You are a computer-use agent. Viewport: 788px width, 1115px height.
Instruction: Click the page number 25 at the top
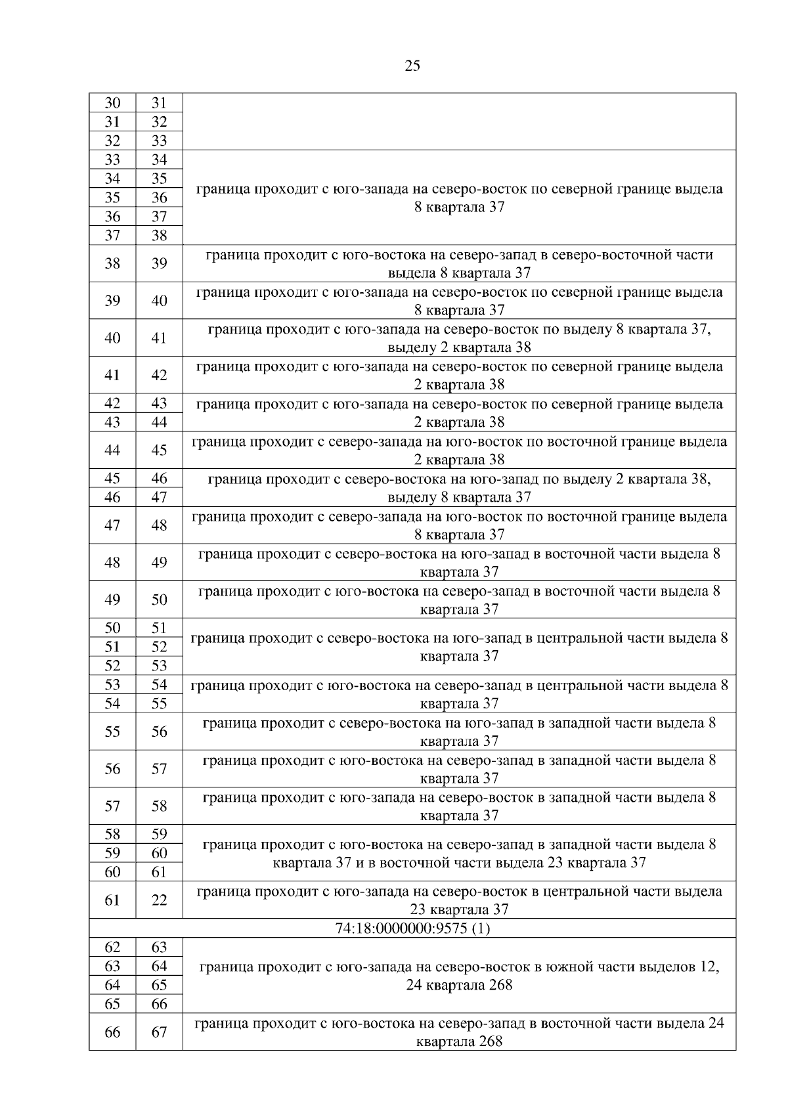coord(412,66)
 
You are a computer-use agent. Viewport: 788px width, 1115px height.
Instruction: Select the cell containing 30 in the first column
coord(112,103)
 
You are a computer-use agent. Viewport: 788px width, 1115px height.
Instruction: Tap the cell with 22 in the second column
coord(159,900)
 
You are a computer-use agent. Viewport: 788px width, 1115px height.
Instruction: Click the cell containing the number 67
coord(159,1032)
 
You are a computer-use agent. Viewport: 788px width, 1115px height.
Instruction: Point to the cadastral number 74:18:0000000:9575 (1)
coord(412,929)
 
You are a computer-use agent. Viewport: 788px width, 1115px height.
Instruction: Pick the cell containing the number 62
coord(112,948)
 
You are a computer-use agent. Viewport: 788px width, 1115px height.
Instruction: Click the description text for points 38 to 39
coord(459,264)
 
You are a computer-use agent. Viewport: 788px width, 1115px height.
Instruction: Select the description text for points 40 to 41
coord(459,338)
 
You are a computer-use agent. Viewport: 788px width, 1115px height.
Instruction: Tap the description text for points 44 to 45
coord(459,450)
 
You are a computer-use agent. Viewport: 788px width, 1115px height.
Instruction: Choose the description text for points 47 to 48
coord(459,525)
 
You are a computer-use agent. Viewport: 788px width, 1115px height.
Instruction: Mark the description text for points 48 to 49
coord(459,563)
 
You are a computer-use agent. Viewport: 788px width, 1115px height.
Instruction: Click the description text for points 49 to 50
coord(459,600)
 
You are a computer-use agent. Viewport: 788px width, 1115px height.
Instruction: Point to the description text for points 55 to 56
coord(459,732)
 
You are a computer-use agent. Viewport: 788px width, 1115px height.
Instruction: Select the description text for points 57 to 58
coord(459,806)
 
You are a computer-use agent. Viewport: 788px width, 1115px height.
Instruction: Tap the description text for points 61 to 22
coord(459,900)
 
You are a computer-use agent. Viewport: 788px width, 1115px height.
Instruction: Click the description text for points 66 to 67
coord(459,1032)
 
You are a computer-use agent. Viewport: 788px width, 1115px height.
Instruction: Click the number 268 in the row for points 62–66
coord(500,985)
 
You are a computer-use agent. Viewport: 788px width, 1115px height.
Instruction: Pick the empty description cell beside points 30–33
coord(459,121)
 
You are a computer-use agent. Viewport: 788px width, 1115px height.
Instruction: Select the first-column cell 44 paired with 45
coord(112,450)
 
